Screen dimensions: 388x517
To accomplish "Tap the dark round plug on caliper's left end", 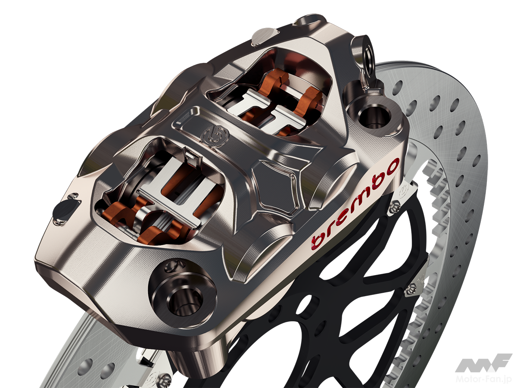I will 64,211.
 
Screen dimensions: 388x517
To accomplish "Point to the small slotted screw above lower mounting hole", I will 176,264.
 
